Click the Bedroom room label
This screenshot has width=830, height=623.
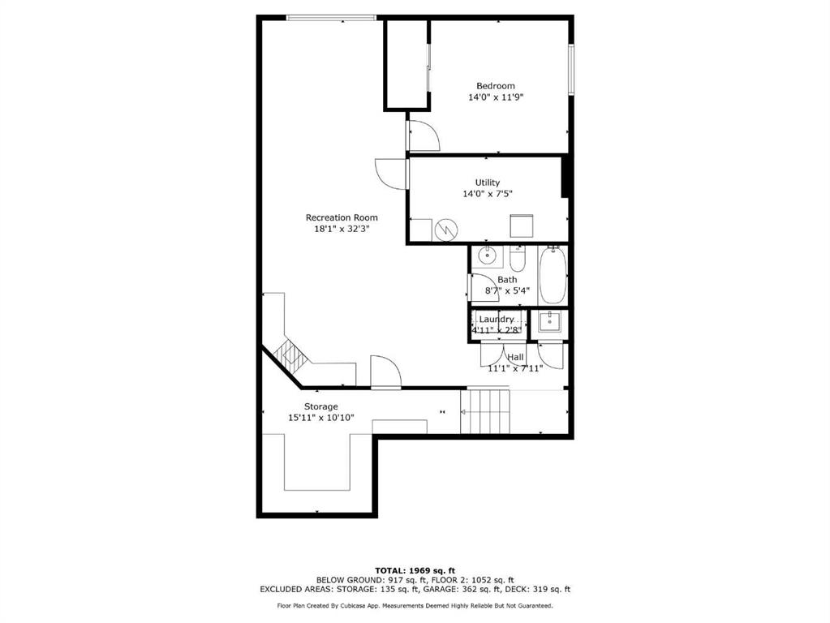(496, 86)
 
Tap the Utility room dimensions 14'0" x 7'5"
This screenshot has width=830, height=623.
(488, 194)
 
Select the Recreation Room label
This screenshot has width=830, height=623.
(342, 217)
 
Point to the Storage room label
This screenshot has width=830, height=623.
(320, 406)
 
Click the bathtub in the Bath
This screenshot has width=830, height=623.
(553, 275)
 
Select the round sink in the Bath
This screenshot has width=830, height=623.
(487, 256)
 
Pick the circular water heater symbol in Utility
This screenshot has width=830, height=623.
(446, 230)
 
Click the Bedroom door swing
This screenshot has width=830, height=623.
(424, 136)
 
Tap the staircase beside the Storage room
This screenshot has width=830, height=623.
(485, 411)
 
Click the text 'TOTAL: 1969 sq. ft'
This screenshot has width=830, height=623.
(415, 570)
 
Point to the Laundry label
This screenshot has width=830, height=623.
(496, 319)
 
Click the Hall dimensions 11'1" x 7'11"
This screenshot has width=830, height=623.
(515, 368)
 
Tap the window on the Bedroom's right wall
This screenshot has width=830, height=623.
(571, 69)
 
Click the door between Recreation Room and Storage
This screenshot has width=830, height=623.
(385, 372)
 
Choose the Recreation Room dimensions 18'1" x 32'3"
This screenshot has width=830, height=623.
(342, 230)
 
